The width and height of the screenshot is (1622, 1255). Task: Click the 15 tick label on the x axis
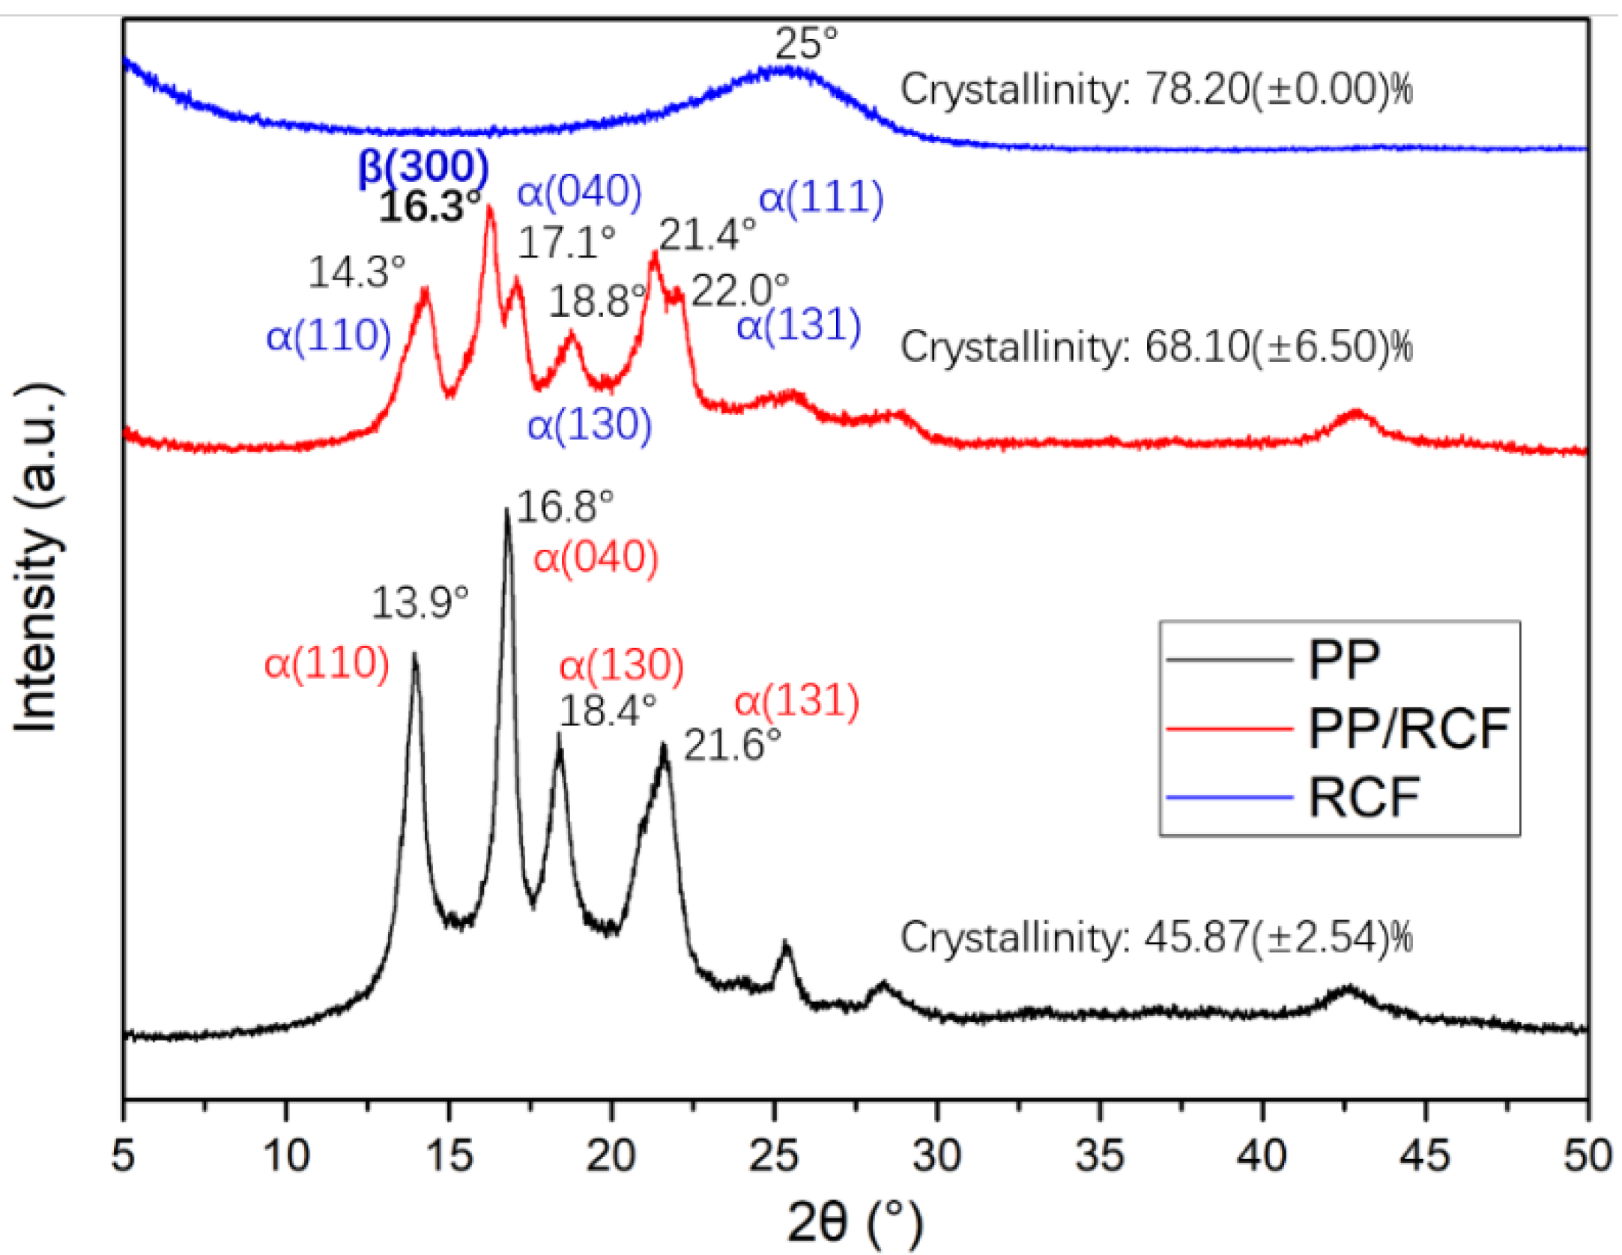(x=449, y=1155)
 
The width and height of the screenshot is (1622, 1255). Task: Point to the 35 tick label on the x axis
(x=1099, y=1155)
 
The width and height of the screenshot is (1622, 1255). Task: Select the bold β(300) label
(x=423, y=166)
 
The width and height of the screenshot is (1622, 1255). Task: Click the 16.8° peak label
(x=565, y=506)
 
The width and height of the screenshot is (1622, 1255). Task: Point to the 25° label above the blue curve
(x=805, y=43)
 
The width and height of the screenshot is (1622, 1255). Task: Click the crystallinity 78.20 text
(x=1156, y=90)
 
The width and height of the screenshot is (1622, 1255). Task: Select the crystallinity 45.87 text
(x=1156, y=937)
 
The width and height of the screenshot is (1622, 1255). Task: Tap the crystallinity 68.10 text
(x=1156, y=347)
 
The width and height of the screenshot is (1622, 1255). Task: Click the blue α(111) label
(x=821, y=198)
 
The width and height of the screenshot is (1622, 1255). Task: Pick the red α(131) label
(x=796, y=701)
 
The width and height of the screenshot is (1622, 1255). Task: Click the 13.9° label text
(x=420, y=602)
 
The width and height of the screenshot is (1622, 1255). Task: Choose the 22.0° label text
(x=739, y=291)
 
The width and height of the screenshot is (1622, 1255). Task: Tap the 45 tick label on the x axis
(x=1424, y=1155)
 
